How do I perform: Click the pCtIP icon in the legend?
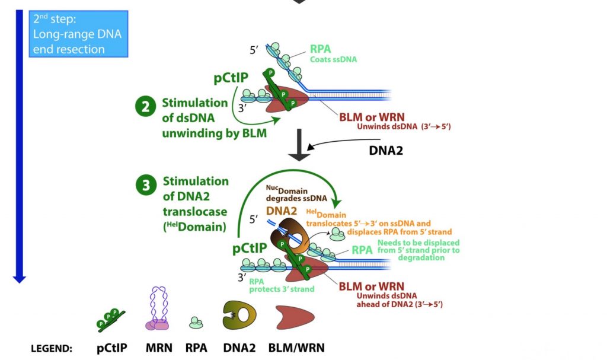110,319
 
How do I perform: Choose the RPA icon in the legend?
196,323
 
